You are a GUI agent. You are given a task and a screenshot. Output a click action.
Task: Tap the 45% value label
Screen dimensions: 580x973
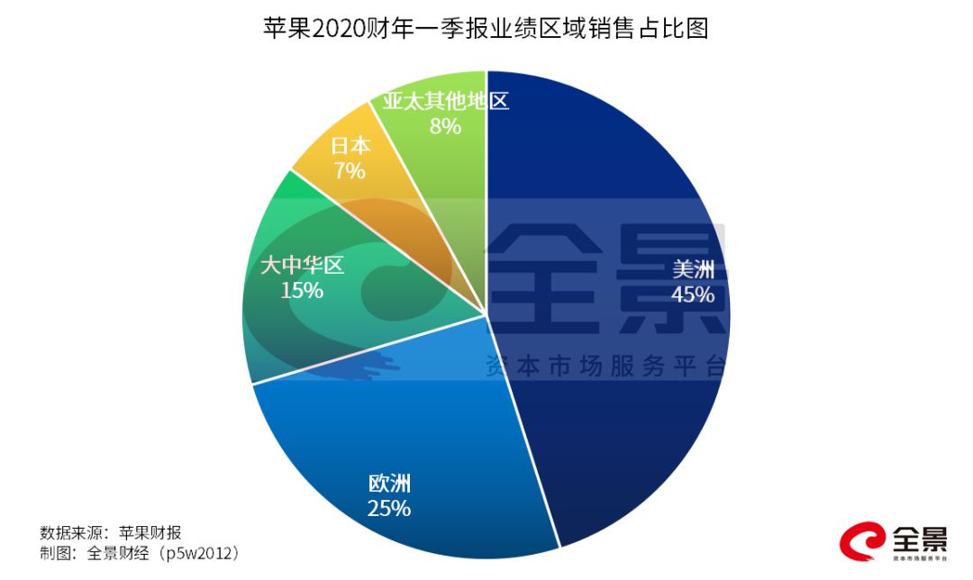(x=692, y=295)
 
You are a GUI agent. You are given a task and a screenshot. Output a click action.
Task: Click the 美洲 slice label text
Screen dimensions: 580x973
(x=693, y=269)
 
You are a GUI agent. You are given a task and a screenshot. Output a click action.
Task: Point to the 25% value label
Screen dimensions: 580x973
(x=389, y=508)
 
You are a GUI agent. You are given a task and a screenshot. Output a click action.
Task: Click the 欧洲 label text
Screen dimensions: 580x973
(x=389, y=484)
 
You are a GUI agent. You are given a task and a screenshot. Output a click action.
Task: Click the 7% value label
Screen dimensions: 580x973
(x=350, y=170)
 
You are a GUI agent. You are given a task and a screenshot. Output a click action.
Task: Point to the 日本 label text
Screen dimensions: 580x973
(x=350, y=145)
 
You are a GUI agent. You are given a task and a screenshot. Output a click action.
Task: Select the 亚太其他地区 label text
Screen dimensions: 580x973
(x=445, y=100)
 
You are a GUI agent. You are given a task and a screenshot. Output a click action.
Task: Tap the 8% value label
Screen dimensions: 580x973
(x=445, y=125)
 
